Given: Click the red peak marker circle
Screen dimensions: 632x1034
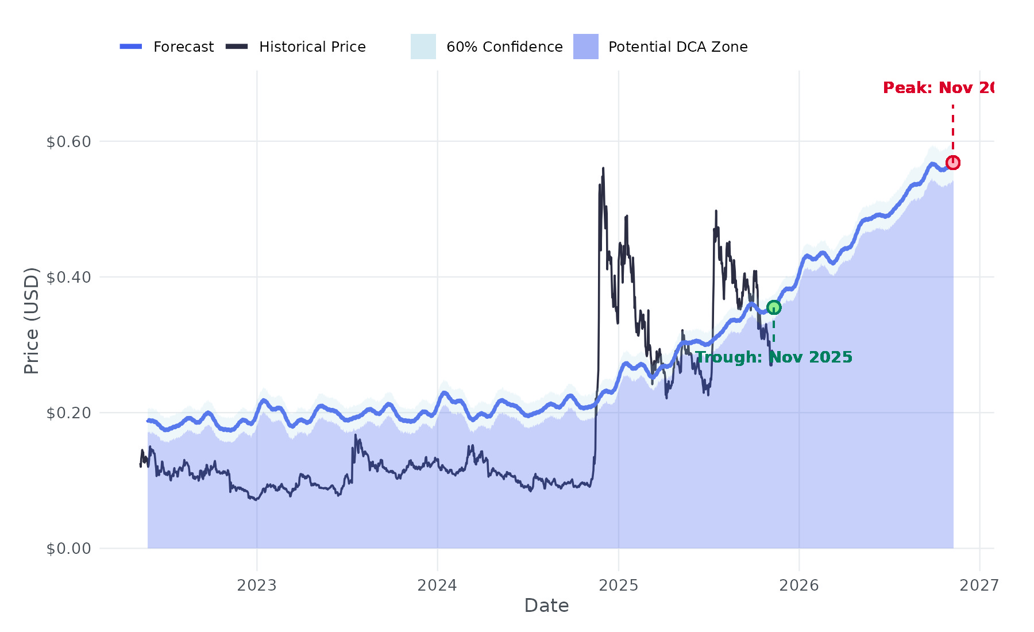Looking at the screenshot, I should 953,163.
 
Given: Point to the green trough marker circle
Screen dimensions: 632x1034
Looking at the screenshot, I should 774,307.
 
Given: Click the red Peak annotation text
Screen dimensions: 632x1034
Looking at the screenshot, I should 938,88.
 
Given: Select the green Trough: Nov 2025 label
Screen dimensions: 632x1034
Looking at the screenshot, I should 774,357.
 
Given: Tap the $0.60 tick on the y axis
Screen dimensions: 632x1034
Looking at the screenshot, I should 69,142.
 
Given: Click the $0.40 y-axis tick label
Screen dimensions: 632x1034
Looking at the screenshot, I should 69,278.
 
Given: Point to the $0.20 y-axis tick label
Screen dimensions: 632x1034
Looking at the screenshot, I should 69,413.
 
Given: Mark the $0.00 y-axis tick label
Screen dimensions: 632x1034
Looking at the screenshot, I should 69,549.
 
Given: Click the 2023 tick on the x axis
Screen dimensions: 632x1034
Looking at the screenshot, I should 257,585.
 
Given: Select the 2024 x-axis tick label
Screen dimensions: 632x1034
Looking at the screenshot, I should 437,585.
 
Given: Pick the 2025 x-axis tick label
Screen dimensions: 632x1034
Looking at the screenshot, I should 619,585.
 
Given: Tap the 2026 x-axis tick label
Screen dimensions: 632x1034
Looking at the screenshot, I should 799,585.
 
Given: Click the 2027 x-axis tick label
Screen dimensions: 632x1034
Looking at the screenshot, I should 979,585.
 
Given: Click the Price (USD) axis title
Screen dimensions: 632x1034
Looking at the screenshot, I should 32,321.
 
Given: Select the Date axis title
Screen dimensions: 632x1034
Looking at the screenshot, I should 546,606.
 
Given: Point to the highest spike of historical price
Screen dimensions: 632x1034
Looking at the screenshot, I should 603,168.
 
